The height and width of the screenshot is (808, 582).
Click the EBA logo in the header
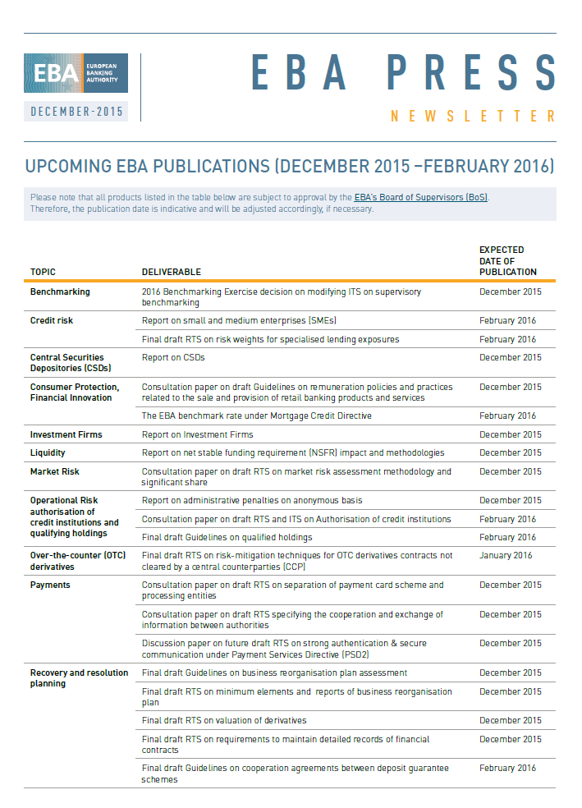pos(76,73)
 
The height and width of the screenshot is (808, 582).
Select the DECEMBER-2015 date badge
pos(76,111)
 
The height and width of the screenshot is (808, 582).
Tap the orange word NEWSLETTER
pos(473,117)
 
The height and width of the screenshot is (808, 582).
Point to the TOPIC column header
pos(43,272)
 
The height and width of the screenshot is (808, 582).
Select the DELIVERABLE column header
pos(171,272)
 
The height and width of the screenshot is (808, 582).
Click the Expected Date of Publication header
pos(507,260)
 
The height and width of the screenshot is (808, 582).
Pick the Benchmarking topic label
pos(60,292)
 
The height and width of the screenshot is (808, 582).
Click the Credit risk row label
pos(52,320)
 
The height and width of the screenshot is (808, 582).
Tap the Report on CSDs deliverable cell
pos(173,357)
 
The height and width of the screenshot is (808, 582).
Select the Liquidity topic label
pos(48,452)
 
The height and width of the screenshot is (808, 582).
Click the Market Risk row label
pos(55,471)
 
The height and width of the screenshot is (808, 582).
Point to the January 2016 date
pos(506,556)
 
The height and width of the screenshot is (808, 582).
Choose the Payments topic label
pos(50,585)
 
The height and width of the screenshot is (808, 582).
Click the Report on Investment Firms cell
pos(197,434)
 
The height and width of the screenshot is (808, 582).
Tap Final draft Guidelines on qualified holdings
pos(227,537)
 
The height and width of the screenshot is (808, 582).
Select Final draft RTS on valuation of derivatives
pos(224,720)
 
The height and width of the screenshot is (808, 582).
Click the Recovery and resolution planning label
pos(79,677)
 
